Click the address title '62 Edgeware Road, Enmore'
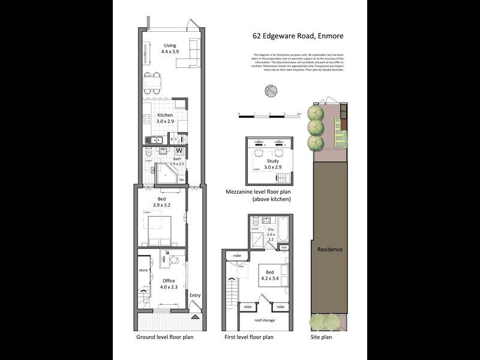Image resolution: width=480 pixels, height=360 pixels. click(298, 36)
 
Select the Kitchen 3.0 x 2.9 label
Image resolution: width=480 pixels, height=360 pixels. click(165, 118)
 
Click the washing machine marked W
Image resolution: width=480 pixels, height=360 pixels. click(179, 151)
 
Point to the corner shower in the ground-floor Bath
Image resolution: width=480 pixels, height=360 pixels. click(166, 173)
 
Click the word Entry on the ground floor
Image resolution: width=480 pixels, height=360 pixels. click(195, 295)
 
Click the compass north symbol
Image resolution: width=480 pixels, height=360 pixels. click(272, 91)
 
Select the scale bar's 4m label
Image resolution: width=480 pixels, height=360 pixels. click(298, 113)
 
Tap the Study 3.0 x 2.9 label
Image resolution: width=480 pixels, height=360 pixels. click(272, 164)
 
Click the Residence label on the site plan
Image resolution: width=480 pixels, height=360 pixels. click(329, 249)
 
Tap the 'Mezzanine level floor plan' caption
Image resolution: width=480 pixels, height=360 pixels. click(258, 191)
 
